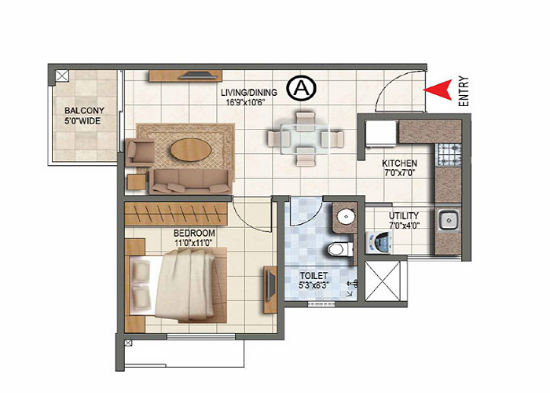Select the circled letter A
point(299,88)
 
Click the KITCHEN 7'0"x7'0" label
point(399,169)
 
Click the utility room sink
point(449,220)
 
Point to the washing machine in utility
point(378,244)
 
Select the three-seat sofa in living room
point(191,181)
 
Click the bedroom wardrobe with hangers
point(180,213)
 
